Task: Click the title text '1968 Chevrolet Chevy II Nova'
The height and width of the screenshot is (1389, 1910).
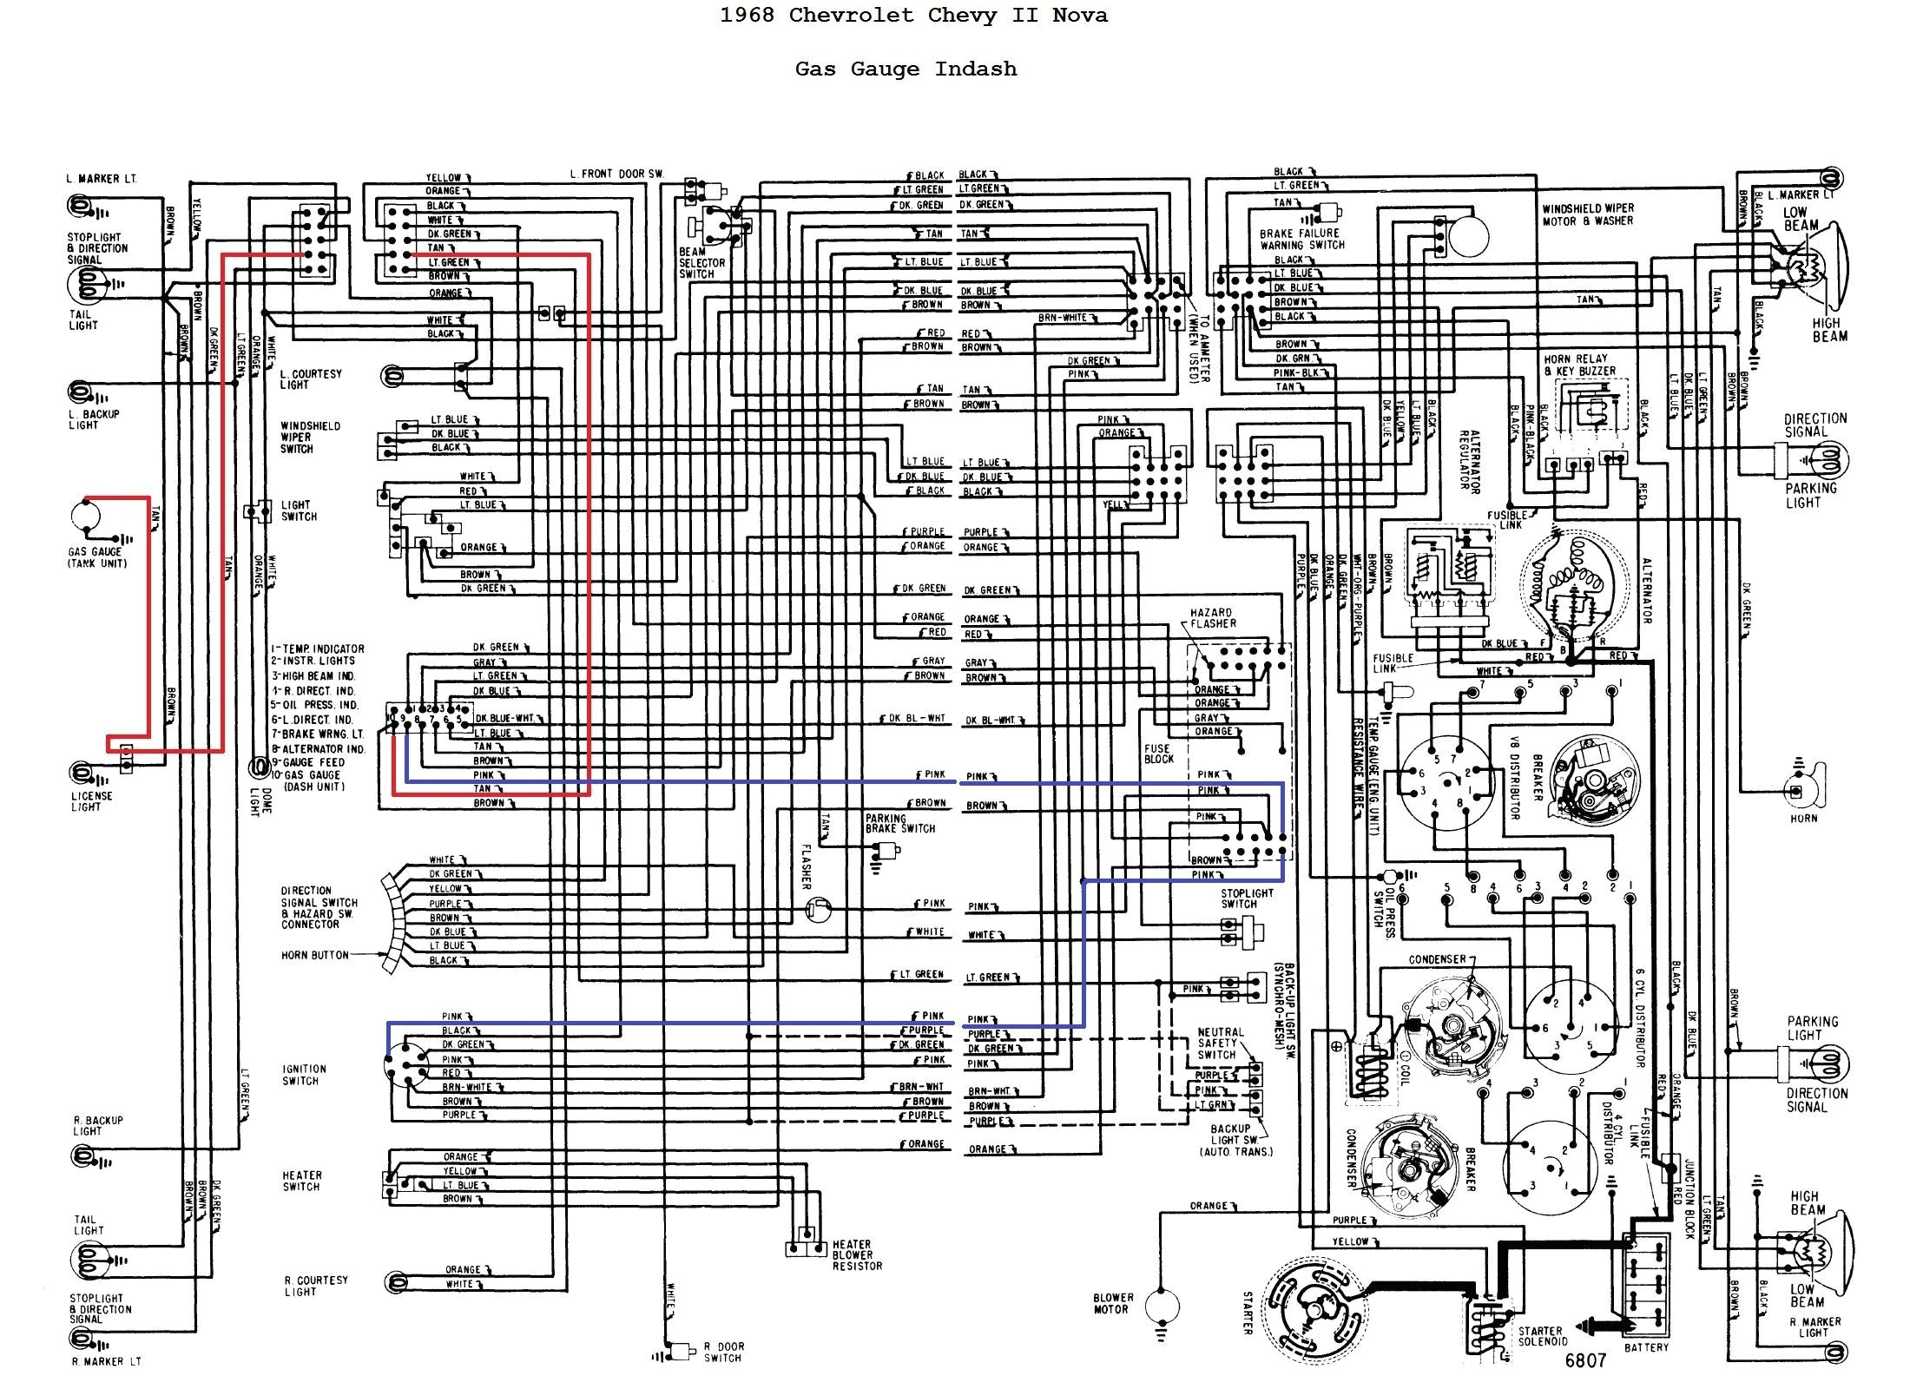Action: [x=913, y=16]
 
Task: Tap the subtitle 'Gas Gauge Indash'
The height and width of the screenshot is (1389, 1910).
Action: [x=906, y=69]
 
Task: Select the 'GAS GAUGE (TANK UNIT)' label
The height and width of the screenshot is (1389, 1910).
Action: [x=96, y=557]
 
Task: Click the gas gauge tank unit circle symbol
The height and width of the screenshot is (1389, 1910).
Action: [x=86, y=517]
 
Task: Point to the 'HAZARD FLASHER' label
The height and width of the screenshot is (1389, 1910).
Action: [x=1213, y=618]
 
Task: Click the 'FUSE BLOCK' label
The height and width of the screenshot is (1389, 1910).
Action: [x=1158, y=754]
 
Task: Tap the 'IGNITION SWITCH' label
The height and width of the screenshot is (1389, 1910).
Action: [x=304, y=1075]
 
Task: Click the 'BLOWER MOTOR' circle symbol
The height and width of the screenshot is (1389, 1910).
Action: [x=1162, y=1305]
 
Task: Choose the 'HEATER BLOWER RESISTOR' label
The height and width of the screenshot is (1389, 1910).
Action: [x=856, y=1255]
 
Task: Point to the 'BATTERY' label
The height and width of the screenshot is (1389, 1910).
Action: [x=1646, y=1347]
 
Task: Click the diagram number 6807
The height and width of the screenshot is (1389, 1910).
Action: [x=1585, y=1360]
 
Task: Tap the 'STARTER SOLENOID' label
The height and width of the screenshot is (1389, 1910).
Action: [x=1540, y=1336]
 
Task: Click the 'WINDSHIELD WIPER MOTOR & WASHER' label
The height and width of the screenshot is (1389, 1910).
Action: [x=1588, y=214]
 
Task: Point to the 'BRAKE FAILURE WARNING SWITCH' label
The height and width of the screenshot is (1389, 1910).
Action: [x=1301, y=239]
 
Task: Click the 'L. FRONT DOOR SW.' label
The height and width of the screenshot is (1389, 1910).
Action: [x=616, y=174]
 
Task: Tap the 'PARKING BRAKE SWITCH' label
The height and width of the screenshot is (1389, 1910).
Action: [x=899, y=823]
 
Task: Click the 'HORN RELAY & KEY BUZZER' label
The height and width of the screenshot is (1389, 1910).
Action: [x=1579, y=365]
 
